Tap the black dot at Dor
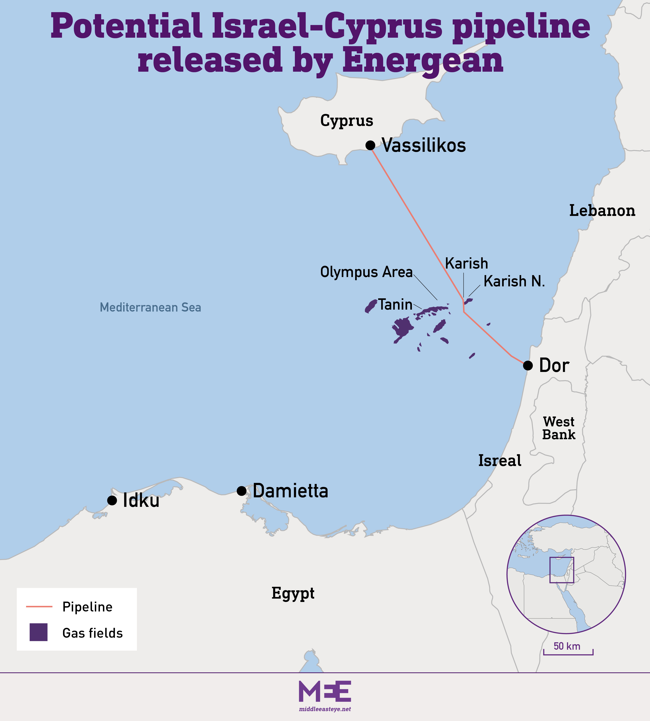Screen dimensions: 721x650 (528, 365)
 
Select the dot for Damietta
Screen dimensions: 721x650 (241, 491)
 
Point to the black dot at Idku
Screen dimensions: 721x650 (112, 500)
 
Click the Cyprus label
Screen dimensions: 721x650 (347, 121)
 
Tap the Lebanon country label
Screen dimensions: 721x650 (602, 211)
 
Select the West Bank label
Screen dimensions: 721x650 (559, 428)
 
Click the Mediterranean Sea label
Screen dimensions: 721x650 (150, 307)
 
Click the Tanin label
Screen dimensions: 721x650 (395, 304)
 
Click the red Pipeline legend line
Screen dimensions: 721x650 (39, 606)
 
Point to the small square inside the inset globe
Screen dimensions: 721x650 (561, 570)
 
